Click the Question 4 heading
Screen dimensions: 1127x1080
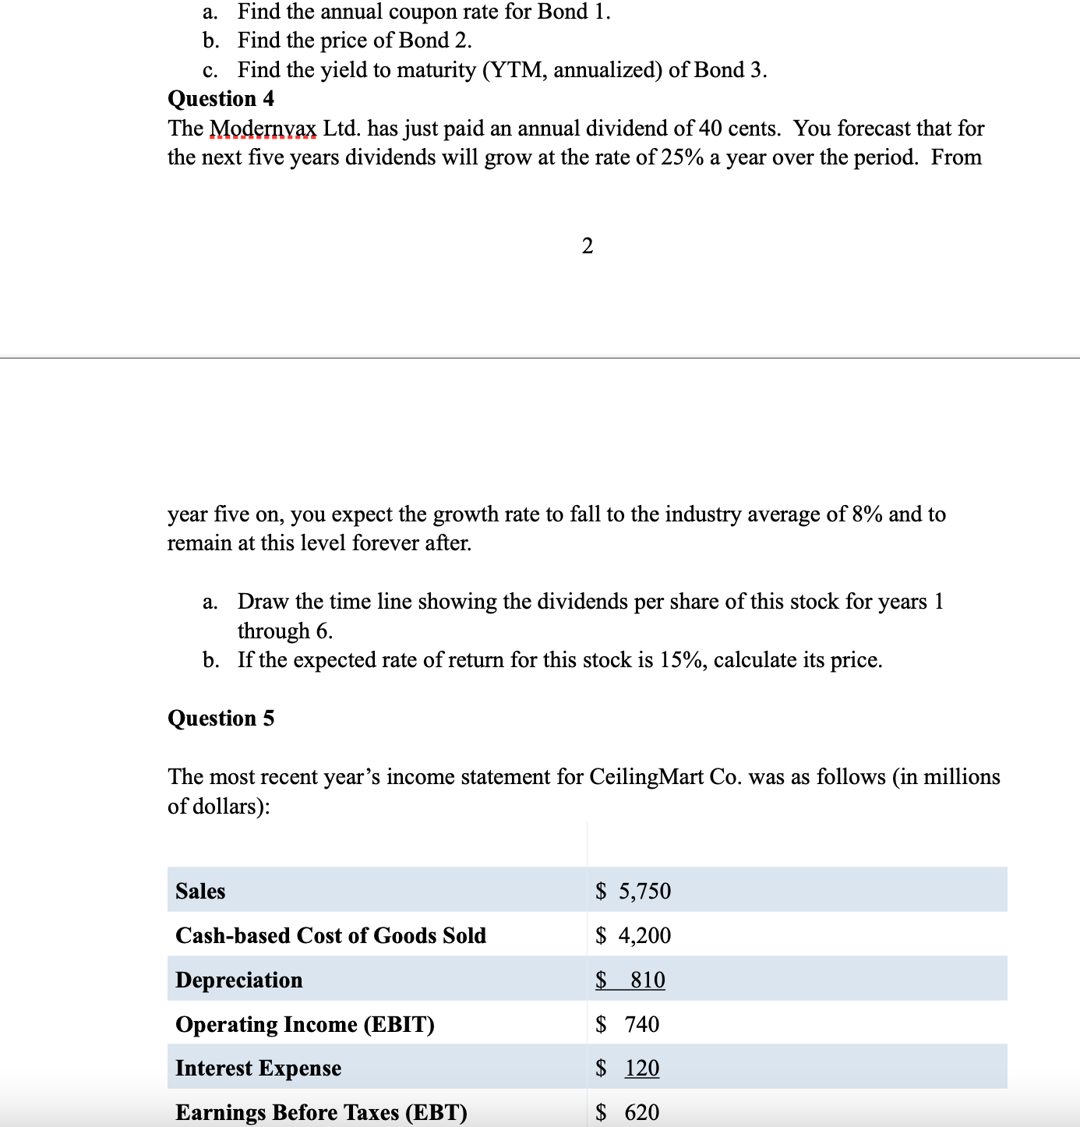point(221,99)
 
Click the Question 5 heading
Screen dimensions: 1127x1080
point(221,718)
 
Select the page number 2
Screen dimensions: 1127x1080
point(588,246)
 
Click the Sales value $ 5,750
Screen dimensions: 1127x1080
point(633,891)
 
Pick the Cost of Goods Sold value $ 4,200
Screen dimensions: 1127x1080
point(633,935)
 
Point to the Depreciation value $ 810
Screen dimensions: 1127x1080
point(630,980)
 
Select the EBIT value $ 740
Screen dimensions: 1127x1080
point(627,1024)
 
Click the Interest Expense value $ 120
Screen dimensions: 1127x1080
point(627,1069)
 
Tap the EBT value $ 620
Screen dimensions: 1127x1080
point(627,1112)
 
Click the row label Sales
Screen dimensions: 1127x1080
point(200,891)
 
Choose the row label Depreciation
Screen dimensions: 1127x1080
point(239,980)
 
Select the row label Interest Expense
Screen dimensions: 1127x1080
point(258,1069)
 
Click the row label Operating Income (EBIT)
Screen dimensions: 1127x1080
point(305,1024)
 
